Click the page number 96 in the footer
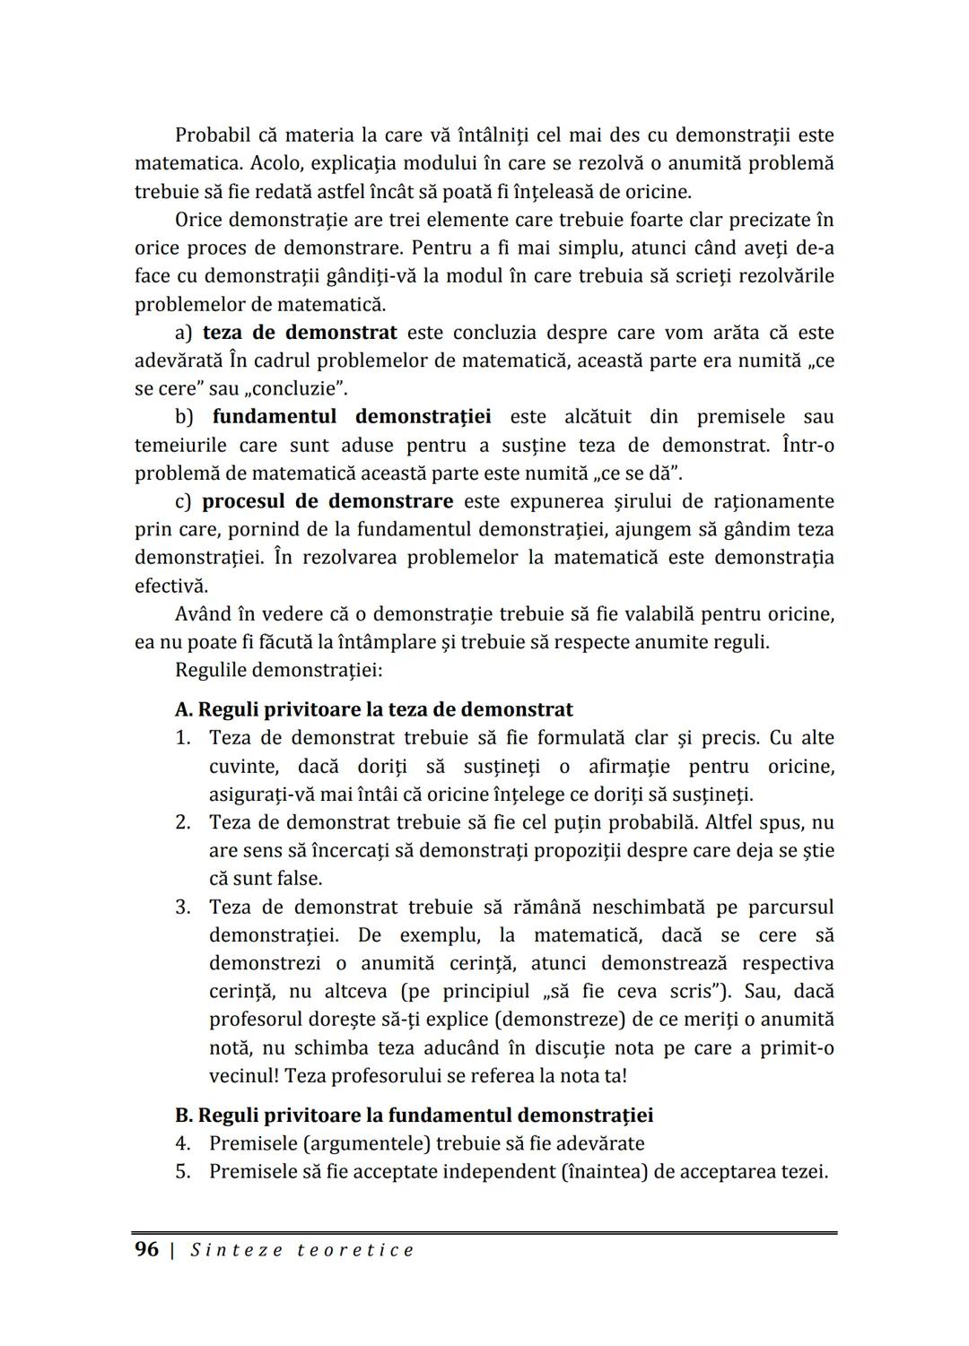pyautogui.click(x=146, y=1249)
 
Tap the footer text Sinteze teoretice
pyautogui.click(x=302, y=1250)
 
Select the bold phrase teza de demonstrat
pyautogui.click(x=300, y=333)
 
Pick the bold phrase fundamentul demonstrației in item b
pyautogui.click(x=351, y=417)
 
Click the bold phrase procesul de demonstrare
pyautogui.click(x=327, y=500)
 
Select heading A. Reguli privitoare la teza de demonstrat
pyautogui.click(x=373, y=709)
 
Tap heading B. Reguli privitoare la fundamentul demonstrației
pyautogui.click(x=414, y=1115)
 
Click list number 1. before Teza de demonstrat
pyautogui.click(x=183, y=738)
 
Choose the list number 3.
pyautogui.click(x=183, y=907)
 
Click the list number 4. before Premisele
pyautogui.click(x=183, y=1143)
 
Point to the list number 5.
pyautogui.click(x=183, y=1171)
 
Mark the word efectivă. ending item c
pyautogui.click(x=171, y=586)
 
